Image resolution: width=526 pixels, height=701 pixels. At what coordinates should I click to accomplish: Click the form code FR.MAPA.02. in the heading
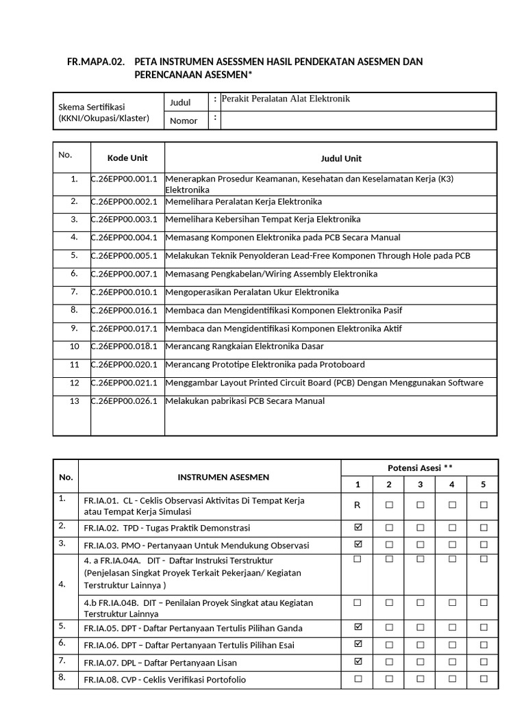point(96,62)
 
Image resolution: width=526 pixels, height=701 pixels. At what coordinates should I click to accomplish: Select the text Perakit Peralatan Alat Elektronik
point(281,99)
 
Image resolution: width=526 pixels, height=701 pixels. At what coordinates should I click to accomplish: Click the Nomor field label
point(184,121)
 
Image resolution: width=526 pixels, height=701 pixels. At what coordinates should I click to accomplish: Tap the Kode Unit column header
point(127,158)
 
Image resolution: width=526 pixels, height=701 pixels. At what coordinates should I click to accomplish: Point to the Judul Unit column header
point(341,158)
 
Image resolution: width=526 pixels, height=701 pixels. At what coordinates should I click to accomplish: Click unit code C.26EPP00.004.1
point(125,238)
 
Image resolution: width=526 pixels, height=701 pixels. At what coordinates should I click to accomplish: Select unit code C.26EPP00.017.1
point(125,329)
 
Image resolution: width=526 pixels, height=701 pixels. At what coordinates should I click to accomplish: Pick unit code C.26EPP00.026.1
point(125,401)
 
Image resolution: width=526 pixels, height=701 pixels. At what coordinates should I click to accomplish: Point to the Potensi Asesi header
point(420,468)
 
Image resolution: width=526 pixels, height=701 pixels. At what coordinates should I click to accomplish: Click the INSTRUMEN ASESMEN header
point(224,477)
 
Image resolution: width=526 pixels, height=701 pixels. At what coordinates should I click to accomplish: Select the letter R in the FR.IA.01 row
point(357,505)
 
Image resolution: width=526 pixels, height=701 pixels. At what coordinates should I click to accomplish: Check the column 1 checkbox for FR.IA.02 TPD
point(357,527)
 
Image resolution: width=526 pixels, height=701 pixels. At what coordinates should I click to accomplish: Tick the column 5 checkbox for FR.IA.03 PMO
point(484,545)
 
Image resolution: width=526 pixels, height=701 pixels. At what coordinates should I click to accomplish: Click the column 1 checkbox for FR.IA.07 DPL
point(357,662)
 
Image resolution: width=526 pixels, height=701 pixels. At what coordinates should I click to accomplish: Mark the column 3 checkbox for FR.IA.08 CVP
point(420,679)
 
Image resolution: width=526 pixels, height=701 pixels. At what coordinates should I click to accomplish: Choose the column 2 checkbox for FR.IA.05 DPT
point(389,627)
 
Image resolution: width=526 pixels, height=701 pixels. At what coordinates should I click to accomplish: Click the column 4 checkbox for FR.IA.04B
point(452,602)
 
